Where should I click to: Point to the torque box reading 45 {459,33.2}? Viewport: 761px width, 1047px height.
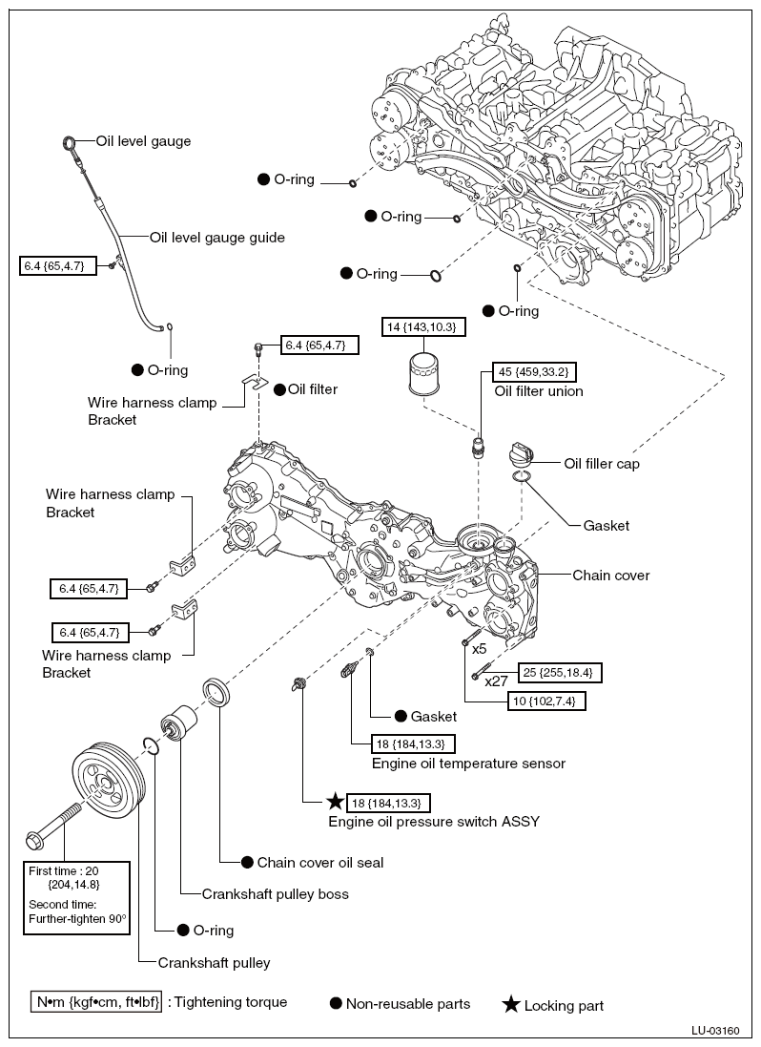[534, 372]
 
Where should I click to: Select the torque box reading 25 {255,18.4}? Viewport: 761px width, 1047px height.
[558, 673]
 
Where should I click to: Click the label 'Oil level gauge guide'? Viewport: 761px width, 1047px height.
[217, 238]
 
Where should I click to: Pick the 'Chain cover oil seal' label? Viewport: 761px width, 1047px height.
[319, 862]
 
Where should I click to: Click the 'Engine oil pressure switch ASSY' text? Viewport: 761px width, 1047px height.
[434, 821]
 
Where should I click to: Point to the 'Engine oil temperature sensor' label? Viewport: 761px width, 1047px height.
[468, 764]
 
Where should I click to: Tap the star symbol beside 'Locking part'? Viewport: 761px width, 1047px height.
[511, 1004]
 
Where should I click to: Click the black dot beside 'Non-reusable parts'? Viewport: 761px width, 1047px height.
[335, 1003]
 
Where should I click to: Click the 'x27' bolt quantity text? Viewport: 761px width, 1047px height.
[496, 681]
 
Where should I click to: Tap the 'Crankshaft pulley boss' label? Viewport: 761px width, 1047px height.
[275, 894]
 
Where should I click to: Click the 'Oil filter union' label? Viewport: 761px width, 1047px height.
[539, 391]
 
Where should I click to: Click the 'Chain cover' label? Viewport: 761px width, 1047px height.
[610, 576]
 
